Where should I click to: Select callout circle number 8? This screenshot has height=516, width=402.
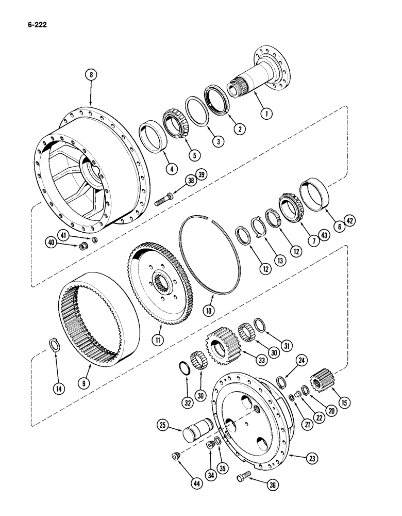91,75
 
